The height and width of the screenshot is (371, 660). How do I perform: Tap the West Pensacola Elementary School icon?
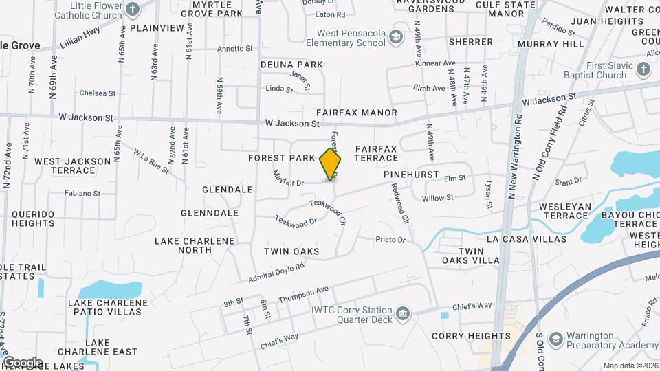coord(395,36)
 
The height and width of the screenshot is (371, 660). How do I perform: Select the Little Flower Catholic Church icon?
coord(133,10)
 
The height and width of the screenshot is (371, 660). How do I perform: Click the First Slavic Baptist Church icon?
coord(643,69)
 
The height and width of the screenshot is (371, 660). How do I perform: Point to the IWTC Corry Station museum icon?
coord(403,315)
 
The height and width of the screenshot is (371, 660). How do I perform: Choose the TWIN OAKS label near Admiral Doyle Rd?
coord(291,251)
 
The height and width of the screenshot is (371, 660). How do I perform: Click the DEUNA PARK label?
coord(291,65)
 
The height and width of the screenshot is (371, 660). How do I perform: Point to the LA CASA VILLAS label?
coord(526,239)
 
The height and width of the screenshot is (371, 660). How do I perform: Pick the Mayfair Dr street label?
coord(288,179)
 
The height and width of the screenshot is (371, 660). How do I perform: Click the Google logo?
coord(22,362)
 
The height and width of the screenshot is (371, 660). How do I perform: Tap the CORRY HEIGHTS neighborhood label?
coord(471,336)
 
